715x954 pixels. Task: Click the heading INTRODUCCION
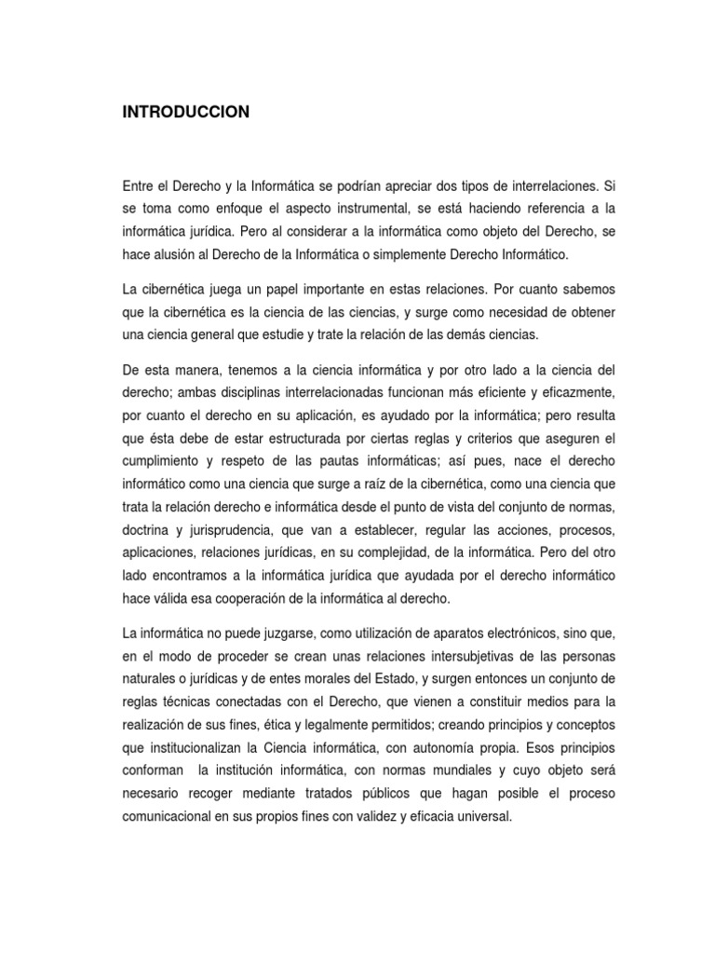click(x=185, y=112)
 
